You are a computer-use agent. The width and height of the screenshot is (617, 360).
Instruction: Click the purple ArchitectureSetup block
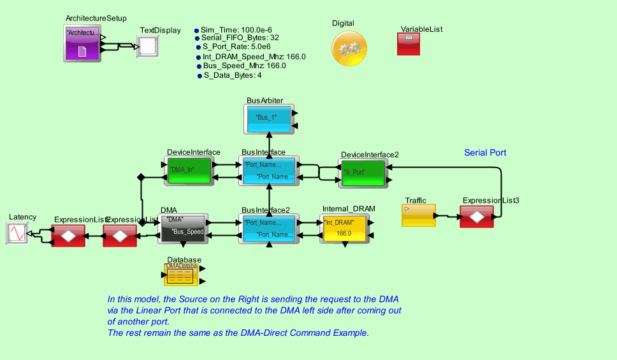pos(82,43)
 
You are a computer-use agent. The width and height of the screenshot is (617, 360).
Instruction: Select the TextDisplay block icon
pos(147,47)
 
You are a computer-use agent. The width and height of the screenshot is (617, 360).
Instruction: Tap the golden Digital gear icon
pos(349,48)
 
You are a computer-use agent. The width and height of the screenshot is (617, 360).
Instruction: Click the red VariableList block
pos(409,44)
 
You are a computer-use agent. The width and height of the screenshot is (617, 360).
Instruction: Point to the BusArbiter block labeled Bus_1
pos(268,119)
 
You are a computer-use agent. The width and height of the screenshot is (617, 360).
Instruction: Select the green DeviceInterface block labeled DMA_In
pos(189,170)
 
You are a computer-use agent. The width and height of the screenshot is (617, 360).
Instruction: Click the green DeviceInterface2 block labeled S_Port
pos(363,173)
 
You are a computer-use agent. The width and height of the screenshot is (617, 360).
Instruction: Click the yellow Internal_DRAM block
pos(344,228)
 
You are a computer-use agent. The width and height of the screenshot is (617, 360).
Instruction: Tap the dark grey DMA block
pos(183,228)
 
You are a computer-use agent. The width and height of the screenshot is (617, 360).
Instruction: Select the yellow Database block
pos(182,275)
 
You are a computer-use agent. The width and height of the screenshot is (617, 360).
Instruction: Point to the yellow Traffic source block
pos(418,215)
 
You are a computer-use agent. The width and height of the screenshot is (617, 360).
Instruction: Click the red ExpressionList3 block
pos(477,217)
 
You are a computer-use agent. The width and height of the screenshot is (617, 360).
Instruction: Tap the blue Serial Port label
pos(485,153)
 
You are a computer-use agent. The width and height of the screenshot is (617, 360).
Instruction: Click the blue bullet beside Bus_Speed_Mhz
pos(199,66)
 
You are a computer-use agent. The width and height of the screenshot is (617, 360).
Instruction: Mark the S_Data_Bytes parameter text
pos(233,75)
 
